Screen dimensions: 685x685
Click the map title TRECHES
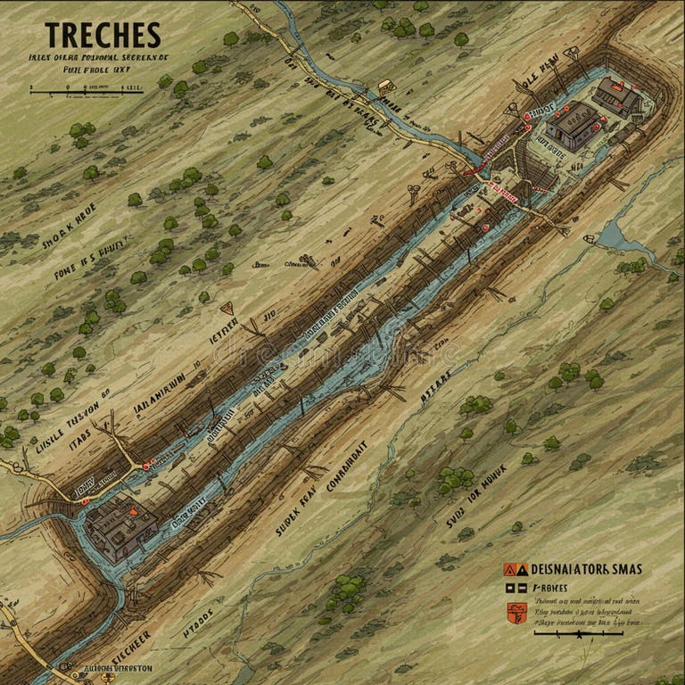tap(103, 35)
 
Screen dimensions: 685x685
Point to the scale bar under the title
tap(87, 89)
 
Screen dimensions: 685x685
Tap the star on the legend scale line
tap(579, 634)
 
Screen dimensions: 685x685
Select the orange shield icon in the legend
tap(514, 611)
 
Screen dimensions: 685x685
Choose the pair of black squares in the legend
tap(515, 589)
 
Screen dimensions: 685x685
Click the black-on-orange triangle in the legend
tap(510, 568)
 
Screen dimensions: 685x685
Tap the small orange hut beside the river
tap(385, 87)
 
